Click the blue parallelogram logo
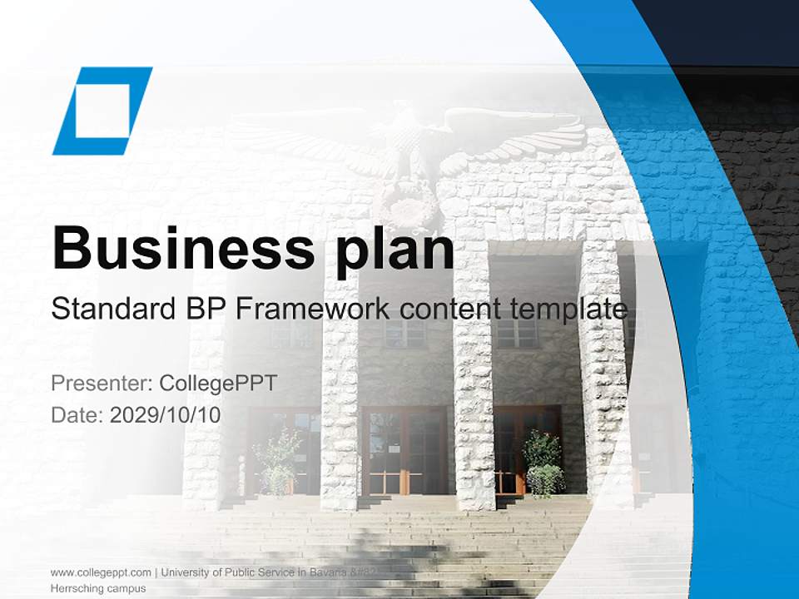[102, 111]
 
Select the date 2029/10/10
[166, 414]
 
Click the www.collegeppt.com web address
[101, 572]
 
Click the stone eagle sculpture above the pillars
[408, 150]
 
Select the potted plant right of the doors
[543, 463]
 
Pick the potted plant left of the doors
[277, 463]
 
